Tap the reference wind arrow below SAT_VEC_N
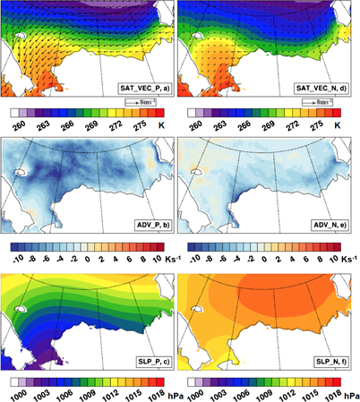point(314,102)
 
